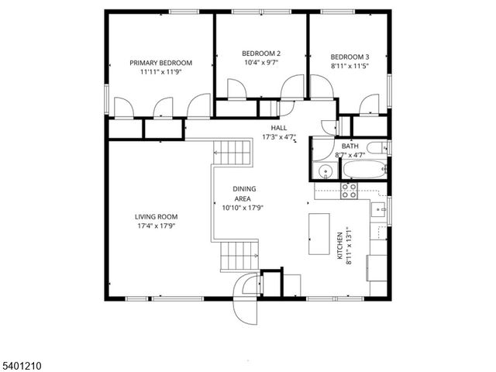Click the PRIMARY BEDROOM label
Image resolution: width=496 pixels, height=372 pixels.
click(160, 63)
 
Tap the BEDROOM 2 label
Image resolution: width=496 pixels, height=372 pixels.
click(261, 53)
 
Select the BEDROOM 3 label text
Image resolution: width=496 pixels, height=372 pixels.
click(350, 57)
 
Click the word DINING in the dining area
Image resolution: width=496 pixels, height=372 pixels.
click(244, 188)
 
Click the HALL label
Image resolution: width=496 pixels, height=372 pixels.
click(279, 128)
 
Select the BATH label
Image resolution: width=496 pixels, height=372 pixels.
click(350, 146)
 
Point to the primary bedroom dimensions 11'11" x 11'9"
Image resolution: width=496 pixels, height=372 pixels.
click(160, 72)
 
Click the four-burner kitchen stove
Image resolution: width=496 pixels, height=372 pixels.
click(349, 191)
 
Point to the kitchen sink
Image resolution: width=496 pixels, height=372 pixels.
click(380, 208)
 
